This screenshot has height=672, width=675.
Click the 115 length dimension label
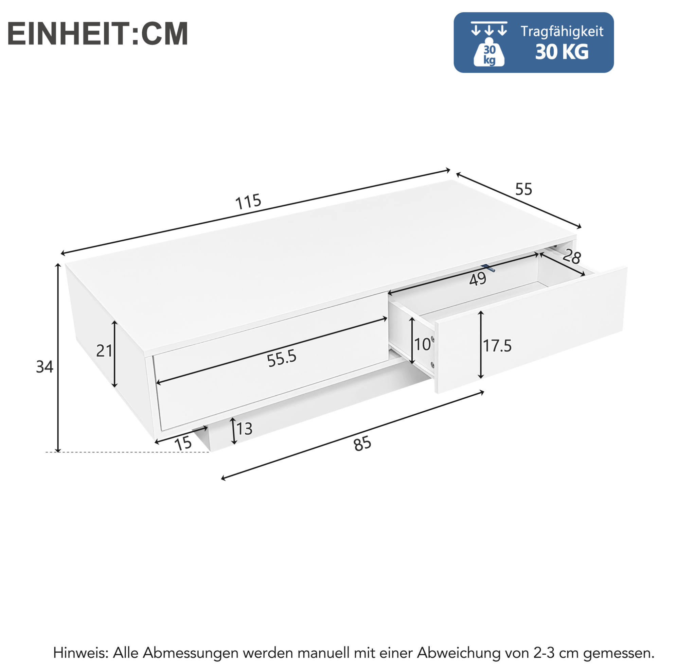click(x=248, y=202)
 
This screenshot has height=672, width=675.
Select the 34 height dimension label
click(x=45, y=367)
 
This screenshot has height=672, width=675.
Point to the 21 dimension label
click(x=104, y=351)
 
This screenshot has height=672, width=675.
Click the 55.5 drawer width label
click(x=282, y=359)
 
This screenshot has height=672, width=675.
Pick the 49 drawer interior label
click(x=478, y=279)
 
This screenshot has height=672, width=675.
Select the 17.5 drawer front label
click(x=497, y=346)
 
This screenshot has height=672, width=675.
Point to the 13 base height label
click(x=244, y=429)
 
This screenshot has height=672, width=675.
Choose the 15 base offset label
click(x=183, y=443)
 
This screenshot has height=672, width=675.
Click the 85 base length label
click(x=362, y=444)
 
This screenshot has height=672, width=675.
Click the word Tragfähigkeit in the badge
click(x=562, y=32)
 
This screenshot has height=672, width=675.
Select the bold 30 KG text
click(x=562, y=52)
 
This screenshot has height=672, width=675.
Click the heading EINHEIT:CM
click(x=97, y=34)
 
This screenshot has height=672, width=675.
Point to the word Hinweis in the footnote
click(x=79, y=652)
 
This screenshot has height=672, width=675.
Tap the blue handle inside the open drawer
click(x=488, y=268)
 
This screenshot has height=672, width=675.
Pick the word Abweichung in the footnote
click(x=458, y=653)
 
